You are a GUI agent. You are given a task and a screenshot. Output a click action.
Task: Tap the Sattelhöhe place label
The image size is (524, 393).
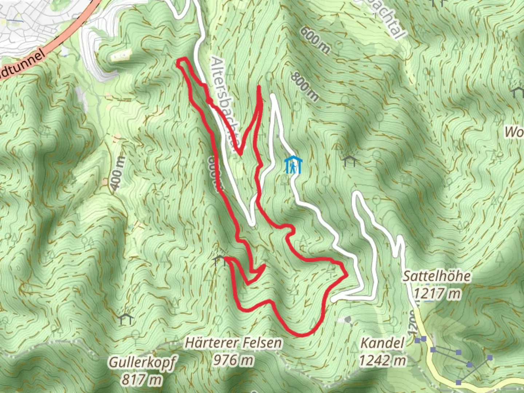tap(436, 276)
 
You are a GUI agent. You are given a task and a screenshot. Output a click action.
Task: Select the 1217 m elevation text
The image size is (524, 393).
tap(436, 293)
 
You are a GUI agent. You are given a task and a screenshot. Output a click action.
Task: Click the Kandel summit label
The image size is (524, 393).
tap(382, 343)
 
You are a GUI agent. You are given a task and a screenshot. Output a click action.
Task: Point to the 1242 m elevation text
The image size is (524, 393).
tap(382, 360)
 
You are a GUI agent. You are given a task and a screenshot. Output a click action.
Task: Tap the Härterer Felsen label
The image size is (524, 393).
tap(233, 343)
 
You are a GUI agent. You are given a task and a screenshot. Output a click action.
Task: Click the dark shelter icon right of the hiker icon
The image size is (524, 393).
tap(350, 160)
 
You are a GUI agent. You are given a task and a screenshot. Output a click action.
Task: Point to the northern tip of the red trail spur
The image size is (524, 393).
tap(259, 87)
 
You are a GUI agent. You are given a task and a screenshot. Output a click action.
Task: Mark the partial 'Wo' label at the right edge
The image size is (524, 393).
tap(514, 132)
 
